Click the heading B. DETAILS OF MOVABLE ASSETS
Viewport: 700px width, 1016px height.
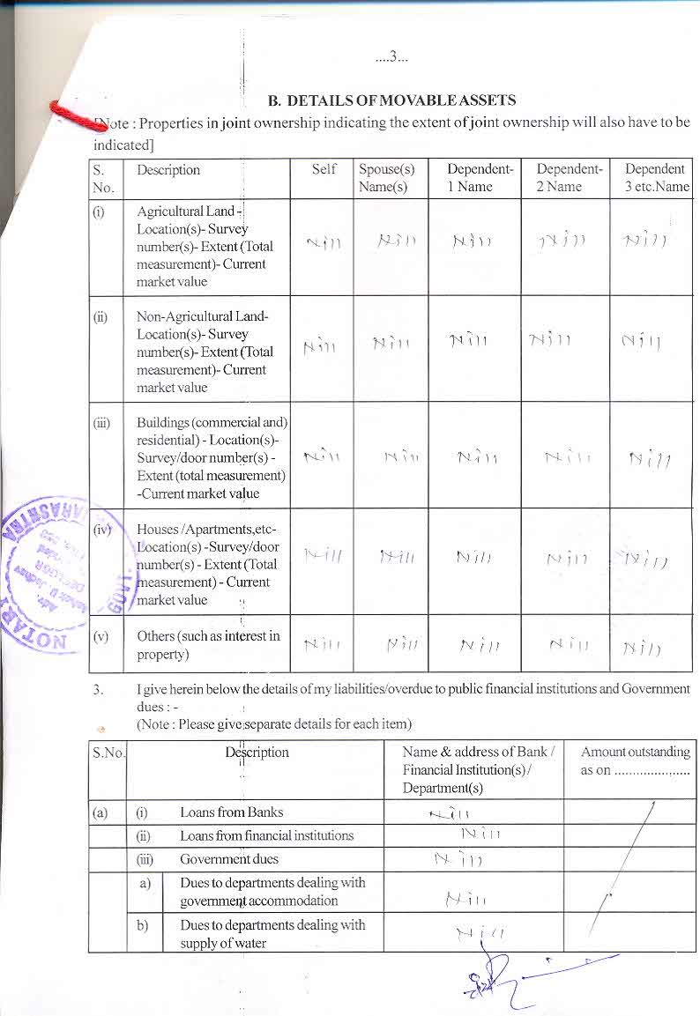[391, 100]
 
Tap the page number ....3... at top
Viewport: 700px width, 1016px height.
[391, 58]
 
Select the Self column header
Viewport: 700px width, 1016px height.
[324, 169]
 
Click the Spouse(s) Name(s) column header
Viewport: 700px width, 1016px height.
[386, 178]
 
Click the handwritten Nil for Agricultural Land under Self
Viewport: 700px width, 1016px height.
[323, 243]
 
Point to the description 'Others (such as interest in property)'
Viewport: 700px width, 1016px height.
[208, 645]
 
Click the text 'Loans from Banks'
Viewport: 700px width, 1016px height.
[231, 812]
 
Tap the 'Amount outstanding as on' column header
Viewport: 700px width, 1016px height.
[635, 760]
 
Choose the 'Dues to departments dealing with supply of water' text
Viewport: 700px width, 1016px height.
[272, 933]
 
